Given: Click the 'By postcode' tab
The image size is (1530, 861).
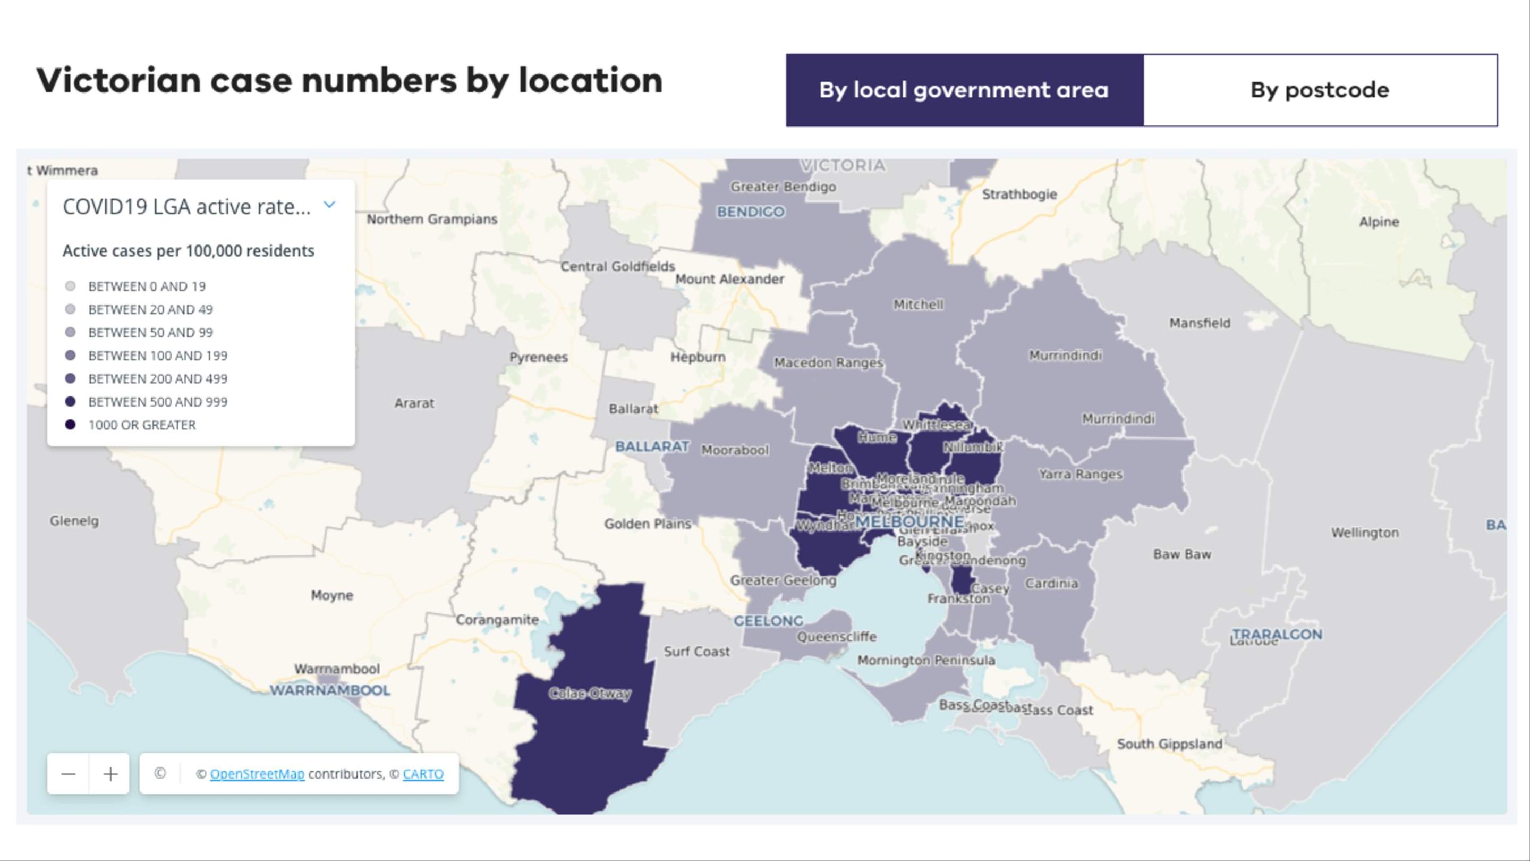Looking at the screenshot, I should click(x=1320, y=90).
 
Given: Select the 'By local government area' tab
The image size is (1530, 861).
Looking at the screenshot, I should click(x=964, y=90).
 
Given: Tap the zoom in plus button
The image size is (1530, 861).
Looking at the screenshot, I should click(x=110, y=774).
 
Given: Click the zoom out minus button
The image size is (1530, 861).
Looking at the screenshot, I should click(x=69, y=774).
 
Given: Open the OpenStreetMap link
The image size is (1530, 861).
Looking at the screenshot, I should click(x=257, y=774).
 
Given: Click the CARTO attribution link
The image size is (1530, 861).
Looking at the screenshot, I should click(x=423, y=774).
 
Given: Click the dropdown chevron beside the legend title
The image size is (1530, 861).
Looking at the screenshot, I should click(x=329, y=205).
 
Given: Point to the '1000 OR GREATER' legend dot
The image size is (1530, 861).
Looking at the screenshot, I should click(x=70, y=425).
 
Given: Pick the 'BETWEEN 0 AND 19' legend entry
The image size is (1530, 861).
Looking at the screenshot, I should click(x=147, y=286).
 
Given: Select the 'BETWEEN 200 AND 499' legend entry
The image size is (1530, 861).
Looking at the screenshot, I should click(x=157, y=378).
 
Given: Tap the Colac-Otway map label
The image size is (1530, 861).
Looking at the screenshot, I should click(x=589, y=694).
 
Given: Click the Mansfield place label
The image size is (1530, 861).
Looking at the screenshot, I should click(x=1200, y=323).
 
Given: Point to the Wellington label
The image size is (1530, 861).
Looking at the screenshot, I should click(x=1365, y=533).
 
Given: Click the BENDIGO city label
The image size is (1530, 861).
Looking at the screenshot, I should click(x=751, y=212).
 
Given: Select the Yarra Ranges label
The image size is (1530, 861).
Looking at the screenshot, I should click(x=1081, y=474).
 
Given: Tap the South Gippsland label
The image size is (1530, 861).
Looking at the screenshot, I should click(x=1169, y=744).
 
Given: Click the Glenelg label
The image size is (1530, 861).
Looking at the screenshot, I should click(x=74, y=520).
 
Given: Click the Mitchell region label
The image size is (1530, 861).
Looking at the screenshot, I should click(x=918, y=304).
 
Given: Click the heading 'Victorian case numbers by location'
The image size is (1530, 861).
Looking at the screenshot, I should click(x=349, y=80).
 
